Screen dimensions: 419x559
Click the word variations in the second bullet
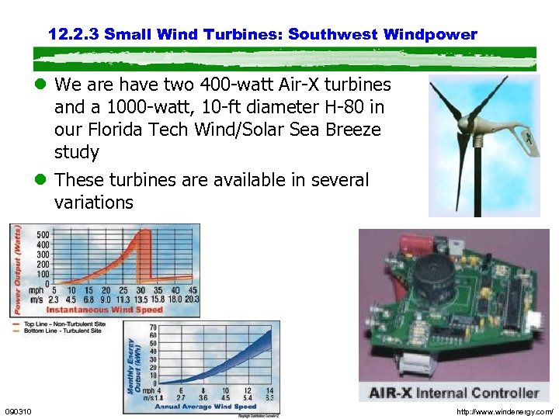(93, 203)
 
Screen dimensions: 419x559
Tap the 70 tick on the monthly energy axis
(154, 328)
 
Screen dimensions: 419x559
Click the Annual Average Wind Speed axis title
(205, 406)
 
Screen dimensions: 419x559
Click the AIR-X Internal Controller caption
(453, 393)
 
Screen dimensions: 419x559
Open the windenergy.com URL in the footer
(505, 411)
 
